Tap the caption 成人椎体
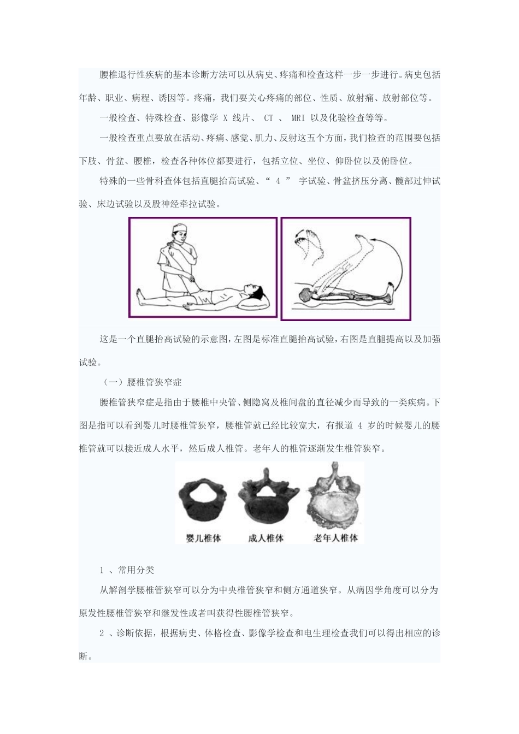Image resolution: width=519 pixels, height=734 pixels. (266, 538)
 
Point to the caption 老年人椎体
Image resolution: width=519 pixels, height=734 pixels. (335, 538)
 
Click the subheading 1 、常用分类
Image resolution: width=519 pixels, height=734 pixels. (127, 570)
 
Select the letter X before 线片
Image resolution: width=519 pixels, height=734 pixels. (226, 118)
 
